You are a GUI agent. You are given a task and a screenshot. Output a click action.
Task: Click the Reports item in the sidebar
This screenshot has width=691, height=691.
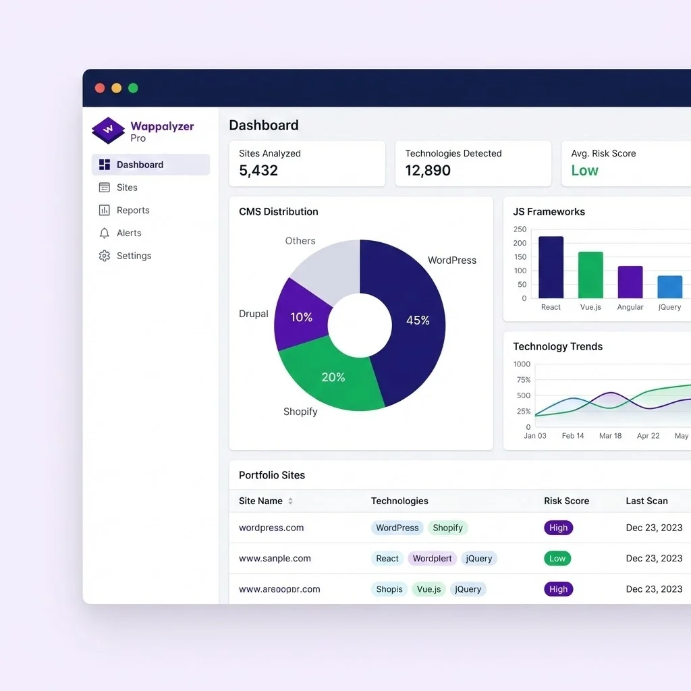pyautogui.click(x=132, y=211)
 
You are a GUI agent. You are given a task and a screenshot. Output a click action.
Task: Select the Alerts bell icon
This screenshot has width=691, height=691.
pyautogui.click(x=104, y=233)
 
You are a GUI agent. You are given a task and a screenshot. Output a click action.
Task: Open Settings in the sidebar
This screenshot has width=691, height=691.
pyautogui.click(x=133, y=256)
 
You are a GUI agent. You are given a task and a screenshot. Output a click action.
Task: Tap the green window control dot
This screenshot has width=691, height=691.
pyautogui.click(x=133, y=88)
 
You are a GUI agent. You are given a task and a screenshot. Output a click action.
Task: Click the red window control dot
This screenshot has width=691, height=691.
pyautogui.click(x=100, y=88)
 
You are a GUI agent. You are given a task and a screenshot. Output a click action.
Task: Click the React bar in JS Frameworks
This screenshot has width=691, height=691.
pyautogui.click(x=551, y=268)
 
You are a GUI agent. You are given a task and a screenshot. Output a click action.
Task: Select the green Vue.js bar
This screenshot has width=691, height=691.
pyautogui.click(x=590, y=275)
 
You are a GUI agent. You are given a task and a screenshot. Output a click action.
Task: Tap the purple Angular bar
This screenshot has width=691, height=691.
pyautogui.click(x=630, y=282)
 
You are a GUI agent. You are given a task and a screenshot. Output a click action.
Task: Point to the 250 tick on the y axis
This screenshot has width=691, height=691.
pyautogui.click(x=520, y=229)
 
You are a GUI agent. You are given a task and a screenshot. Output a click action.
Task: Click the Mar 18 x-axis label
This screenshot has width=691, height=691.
pyautogui.click(x=610, y=436)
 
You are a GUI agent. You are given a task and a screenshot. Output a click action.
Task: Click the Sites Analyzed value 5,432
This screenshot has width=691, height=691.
pyautogui.click(x=258, y=171)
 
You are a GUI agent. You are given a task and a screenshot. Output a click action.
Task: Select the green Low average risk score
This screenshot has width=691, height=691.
pyautogui.click(x=584, y=171)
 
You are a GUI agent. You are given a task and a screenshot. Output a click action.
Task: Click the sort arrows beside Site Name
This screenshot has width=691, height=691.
pyautogui.click(x=290, y=501)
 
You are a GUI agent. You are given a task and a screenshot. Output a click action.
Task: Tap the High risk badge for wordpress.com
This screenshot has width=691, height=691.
pyautogui.click(x=558, y=528)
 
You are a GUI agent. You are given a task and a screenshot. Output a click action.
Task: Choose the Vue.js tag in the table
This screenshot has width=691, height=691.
pyautogui.click(x=429, y=589)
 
